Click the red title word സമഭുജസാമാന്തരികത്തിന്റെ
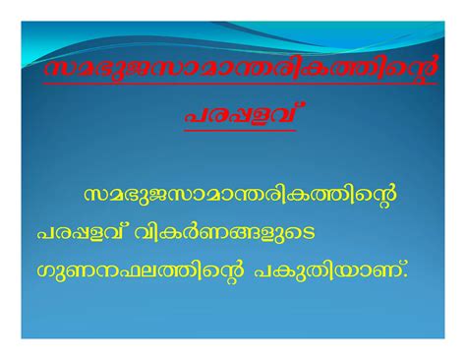240,69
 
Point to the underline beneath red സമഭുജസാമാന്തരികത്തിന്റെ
240,85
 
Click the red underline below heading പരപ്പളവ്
240,130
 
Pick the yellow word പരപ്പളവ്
82,232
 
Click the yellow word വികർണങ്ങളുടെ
224,232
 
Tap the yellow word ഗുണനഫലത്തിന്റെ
141,271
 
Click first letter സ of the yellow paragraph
95,196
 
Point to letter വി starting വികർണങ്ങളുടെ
147,232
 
